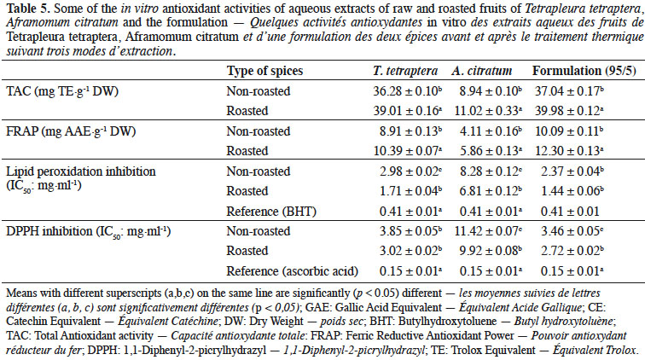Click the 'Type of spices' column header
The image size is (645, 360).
tap(264, 71)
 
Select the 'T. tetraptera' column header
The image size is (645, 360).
tap(405, 71)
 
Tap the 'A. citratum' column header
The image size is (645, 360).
tap(482, 71)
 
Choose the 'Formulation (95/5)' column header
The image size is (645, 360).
tap(584, 71)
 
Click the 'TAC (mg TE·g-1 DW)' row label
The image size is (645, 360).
tap(62, 91)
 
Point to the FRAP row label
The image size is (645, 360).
tap(71, 131)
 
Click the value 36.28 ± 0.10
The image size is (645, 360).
tap(407, 91)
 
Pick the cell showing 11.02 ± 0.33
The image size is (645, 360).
tap(488, 111)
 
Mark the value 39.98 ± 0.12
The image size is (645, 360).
tap(569, 111)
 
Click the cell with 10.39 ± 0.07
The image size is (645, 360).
tap(408, 151)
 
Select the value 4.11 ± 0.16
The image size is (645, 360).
tap(491, 131)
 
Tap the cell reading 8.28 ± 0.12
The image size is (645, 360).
tap(491, 171)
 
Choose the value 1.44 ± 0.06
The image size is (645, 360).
tap(572, 191)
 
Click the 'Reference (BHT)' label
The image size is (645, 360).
tap(271, 212)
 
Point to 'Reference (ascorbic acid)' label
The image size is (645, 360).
tap(293, 271)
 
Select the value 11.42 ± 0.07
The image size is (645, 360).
tap(488, 231)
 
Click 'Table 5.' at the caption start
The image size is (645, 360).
tap(28, 8)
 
